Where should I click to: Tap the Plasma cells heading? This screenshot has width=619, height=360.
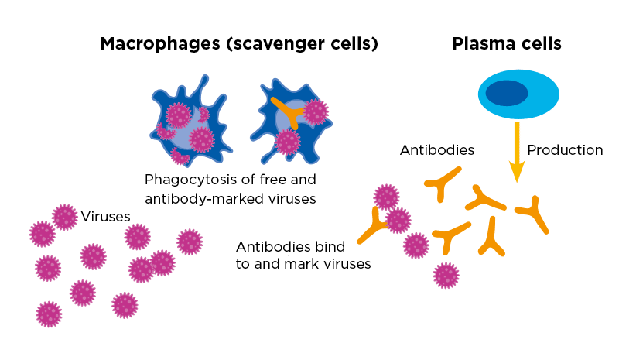pos(507,44)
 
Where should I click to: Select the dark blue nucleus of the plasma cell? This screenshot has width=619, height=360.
pos(507,93)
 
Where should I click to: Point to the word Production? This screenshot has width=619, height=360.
pos(565,149)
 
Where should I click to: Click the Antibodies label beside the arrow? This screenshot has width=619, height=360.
pos(437,149)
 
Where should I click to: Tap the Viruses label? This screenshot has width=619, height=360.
pos(105,217)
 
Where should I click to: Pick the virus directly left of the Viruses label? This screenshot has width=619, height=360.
pos(65,218)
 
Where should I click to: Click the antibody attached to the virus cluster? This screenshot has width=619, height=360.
pos(373,225)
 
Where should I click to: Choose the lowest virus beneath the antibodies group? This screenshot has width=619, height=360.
pos(446,275)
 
